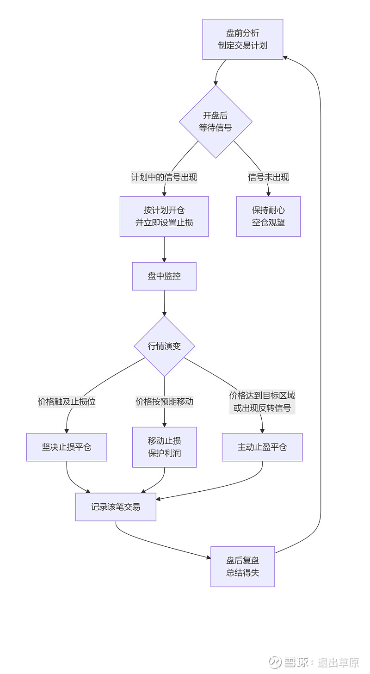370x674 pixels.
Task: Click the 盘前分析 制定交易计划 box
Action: [242, 39]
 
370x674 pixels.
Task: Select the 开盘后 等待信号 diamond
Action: [216, 122]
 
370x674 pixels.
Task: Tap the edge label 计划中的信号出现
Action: [164, 177]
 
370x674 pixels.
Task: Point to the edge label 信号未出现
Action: [268, 177]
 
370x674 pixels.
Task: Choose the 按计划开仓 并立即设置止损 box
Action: [164, 216]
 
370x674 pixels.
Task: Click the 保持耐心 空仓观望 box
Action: [268, 216]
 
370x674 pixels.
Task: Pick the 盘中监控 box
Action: [164, 276]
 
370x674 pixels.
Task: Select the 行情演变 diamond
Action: [164, 346]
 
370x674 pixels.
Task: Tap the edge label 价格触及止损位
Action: [67, 402]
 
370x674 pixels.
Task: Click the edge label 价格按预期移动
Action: [164, 402]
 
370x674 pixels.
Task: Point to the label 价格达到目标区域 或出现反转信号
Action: [262, 402]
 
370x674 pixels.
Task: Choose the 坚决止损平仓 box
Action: [67, 447]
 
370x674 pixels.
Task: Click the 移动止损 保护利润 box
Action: [164, 447]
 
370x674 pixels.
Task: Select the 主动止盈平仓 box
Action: [262, 447]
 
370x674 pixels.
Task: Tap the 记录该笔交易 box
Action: [116, 507]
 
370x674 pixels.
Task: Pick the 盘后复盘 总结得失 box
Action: [242, 567]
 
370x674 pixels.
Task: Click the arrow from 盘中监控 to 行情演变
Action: [164, 303]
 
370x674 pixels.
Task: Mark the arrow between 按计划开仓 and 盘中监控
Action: [164, 250]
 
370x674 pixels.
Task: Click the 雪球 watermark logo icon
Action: [276, 662]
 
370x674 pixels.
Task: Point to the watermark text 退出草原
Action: [338, 662]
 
